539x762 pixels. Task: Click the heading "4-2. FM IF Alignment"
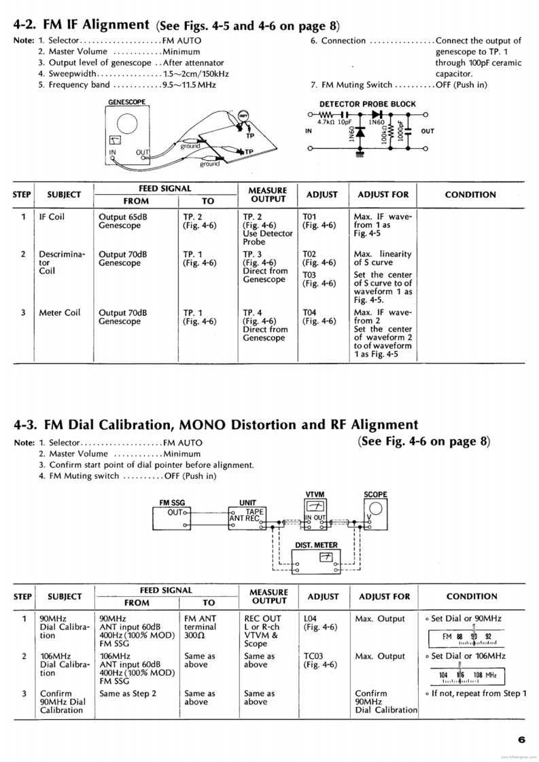[x=82, y=26]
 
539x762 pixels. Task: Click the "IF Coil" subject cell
[x=52, y=217]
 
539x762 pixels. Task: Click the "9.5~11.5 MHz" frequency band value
[x=185, y=85]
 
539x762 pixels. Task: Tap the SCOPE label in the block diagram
[x=375, y=494]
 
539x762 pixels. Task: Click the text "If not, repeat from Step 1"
[x=476, y=693]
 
